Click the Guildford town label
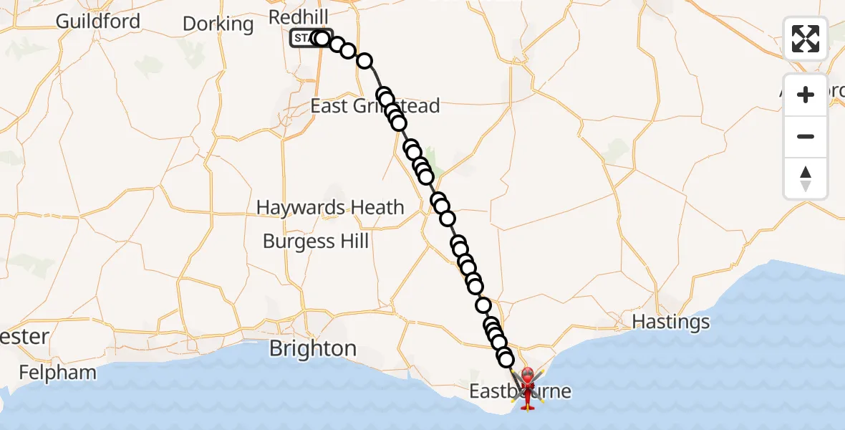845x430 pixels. pos(97,21)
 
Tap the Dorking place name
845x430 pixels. pos(218,24)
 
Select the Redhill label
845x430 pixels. pos(298,16)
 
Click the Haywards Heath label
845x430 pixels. pos(330,208)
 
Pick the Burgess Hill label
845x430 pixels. pos(316,241)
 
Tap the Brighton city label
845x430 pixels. pos(313,349)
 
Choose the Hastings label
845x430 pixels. pos(671,322)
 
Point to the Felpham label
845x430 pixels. pos(57,373)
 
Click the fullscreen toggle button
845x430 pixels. pos(806,38)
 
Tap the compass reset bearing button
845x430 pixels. pos(806,178)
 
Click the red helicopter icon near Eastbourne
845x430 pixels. pos(528,387)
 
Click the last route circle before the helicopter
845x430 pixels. pos(506,359)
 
